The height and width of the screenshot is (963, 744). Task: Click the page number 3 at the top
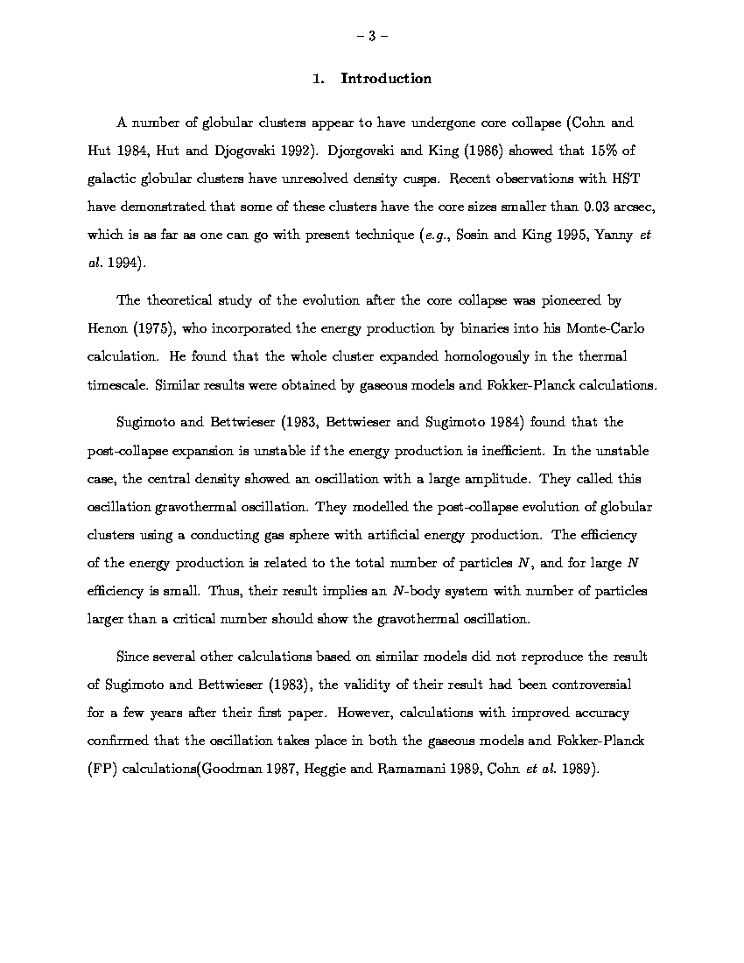[x=371, y=36]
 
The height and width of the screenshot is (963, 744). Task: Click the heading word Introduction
[x=386, y=79]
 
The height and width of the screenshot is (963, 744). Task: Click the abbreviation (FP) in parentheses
[x=102, y=769]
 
